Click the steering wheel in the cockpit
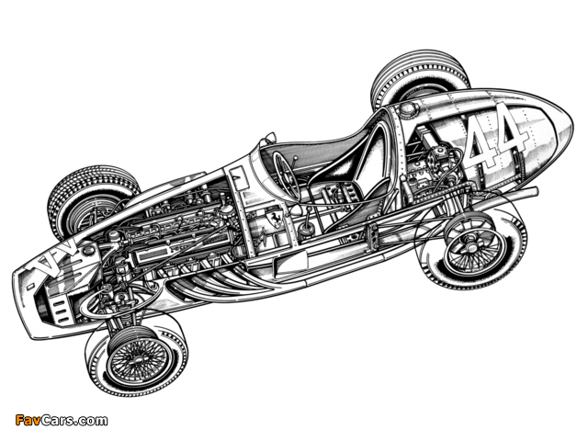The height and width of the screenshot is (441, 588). [x=286, y=174]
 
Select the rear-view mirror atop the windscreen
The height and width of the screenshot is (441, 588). [x=271, y=137]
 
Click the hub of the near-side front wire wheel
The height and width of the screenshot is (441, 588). [x=138, y=359]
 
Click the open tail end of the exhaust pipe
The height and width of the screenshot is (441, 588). [x=535, y=191]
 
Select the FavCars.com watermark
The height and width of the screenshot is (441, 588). [x=62, y=420]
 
